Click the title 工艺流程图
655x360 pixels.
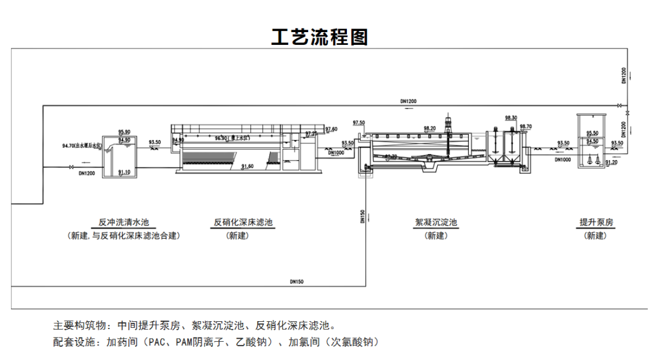(319, 37)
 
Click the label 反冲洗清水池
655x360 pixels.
(124, 222)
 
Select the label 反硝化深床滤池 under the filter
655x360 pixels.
(243, 222)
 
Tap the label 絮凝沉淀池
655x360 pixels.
(436, 222)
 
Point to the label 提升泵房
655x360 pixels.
(596, 222)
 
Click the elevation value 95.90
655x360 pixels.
(124, 132)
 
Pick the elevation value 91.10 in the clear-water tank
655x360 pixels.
(124, 172)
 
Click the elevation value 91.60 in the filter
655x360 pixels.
(247, 166)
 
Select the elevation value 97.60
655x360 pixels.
(331, 129)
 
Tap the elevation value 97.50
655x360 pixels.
(359, 123)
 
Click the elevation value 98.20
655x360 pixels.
(429, 128)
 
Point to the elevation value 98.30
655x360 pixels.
(511, 118)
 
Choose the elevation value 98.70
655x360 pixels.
(525, 127)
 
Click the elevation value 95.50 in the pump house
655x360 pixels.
(592, 133)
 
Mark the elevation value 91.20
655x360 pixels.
(611, 162)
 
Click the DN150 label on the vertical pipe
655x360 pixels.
(361, 217)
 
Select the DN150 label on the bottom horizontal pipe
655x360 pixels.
(297, 281)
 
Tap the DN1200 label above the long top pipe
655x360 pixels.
(408, 101)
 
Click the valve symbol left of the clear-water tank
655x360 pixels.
(72, 167)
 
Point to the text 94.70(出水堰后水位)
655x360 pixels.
(82, 145)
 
